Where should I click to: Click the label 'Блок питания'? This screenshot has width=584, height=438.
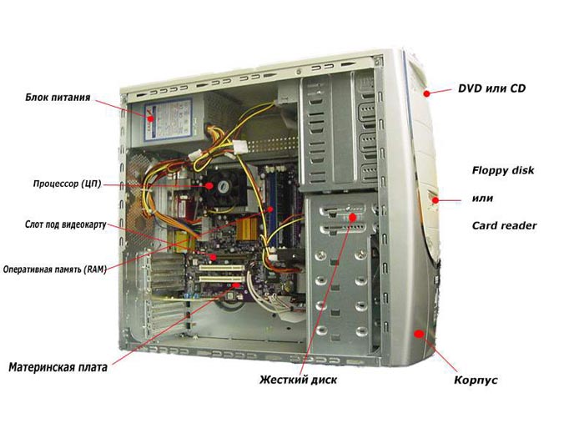[x=58, y=98]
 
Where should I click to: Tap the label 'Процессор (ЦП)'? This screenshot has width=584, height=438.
[x=67, y=184]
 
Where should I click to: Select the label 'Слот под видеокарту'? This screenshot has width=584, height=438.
[x=66, y=224]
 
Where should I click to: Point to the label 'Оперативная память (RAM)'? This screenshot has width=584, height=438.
[x=55, y=269]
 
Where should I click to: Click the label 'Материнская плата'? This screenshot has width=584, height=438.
[x=58, y=367]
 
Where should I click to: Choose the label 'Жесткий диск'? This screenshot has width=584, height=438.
[x=299, y=380]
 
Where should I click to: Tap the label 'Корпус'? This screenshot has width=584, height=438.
[x=476, y=380]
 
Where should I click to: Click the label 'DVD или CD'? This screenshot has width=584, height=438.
[x=491, y=88]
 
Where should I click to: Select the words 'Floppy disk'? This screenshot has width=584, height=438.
[x=503, y=170]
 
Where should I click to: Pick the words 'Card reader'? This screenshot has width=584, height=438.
[x=504, y=226]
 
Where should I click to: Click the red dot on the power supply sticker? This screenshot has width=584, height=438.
[x=150, y=118]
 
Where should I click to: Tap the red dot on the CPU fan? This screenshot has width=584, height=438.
[x=209, y=185]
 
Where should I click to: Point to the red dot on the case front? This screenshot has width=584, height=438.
[x=420, y=334]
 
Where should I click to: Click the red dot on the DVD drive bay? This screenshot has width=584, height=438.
[x=427, y=93]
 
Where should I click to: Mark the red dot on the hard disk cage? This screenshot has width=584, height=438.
[x=352, y=217]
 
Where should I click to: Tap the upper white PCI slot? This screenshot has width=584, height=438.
[x=222, y=268]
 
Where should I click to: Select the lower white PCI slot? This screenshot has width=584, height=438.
[x=222, y=279]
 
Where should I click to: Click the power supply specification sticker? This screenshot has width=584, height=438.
[x=168, y=120]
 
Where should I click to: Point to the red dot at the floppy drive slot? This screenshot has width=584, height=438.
[x=435, y=200]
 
